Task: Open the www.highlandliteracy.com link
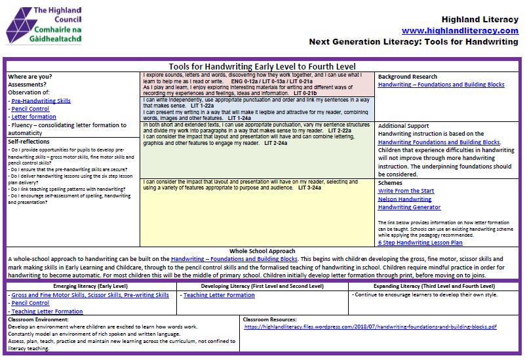pos(459,31)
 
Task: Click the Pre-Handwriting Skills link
pos(41,101)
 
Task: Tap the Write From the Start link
pos(406,191)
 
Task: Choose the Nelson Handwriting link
pos(404,199)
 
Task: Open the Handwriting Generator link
pos(409,207)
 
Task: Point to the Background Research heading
pos(407,77)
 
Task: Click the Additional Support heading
pos(403,126)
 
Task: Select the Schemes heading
pos(391,183)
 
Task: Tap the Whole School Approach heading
pos(263,251)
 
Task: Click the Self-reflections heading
pos(29,141)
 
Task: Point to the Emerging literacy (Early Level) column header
pos(90,287)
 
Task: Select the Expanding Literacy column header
pos(434,287)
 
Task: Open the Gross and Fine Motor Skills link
pos(90,295)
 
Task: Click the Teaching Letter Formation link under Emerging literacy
pos(47,311)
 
